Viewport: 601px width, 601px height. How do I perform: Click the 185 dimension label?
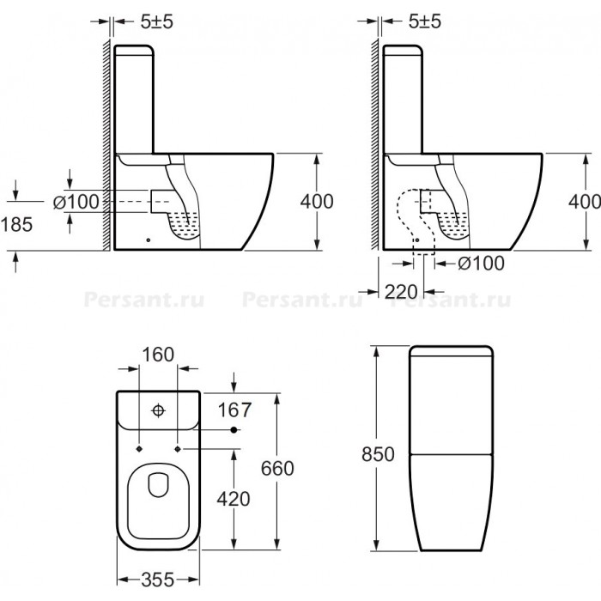tap(17, 224)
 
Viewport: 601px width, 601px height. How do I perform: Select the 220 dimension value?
tap(401, 292)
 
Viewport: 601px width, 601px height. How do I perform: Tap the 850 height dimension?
tap(378, 454)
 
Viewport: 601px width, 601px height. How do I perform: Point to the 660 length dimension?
tap(277, 468)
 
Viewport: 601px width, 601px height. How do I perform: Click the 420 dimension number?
tap(234, 499)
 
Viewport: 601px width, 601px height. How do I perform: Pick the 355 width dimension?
tap(158, 580)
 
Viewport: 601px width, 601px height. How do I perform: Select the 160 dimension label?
tap(158, 355)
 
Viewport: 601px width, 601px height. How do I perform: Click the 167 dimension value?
tap(234, 410)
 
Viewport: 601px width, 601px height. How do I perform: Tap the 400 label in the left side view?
tap(317, 201)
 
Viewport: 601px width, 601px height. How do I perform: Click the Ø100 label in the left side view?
tap(76, 202)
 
